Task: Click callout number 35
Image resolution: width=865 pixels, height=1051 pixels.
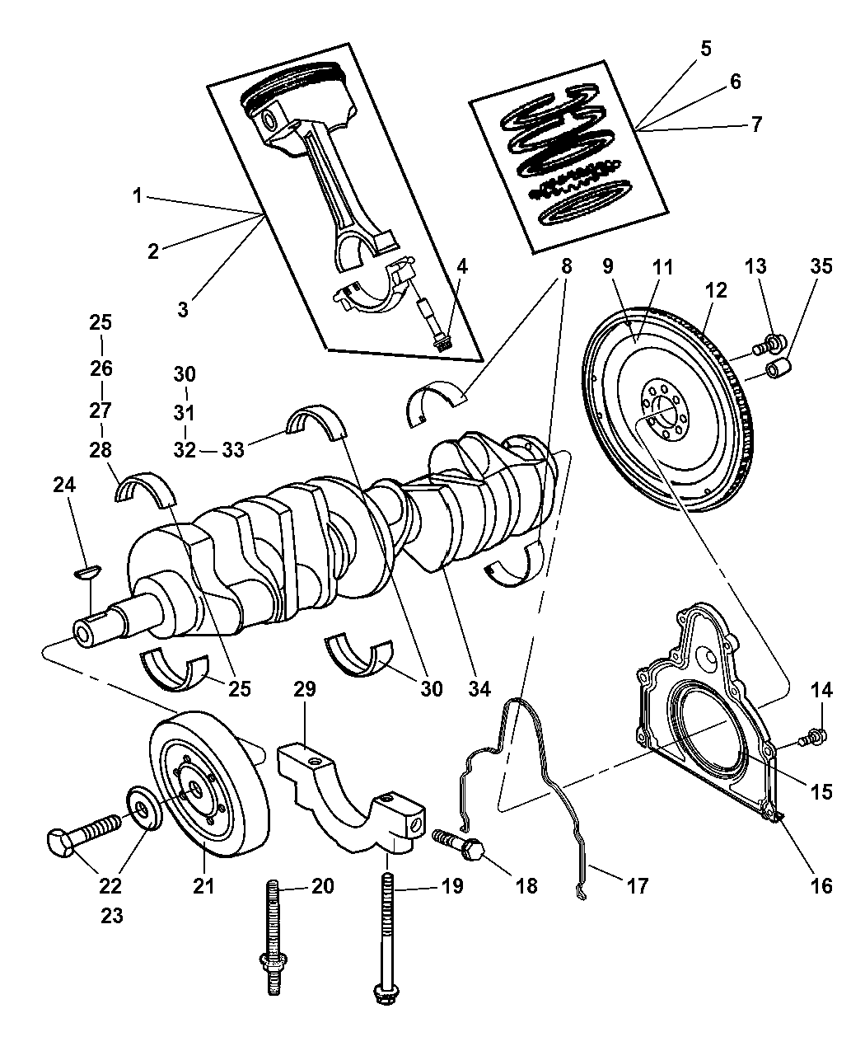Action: point(821,266)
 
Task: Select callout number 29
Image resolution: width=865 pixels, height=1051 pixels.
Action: point(305,689)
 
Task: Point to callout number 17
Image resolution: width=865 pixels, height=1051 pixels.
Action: point(637,886)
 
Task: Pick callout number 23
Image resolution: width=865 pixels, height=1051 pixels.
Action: point(111,916)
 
